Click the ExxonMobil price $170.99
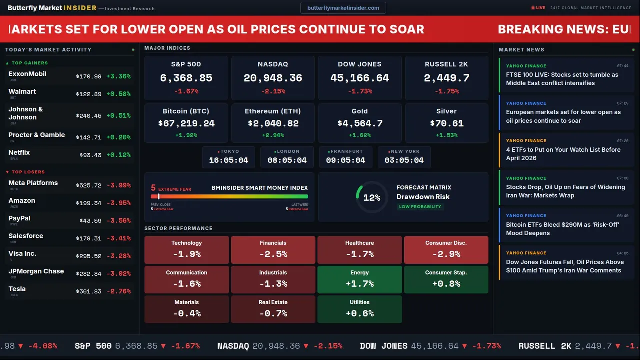tap(89, 77)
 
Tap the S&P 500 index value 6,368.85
tap(186, 78)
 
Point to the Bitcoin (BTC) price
tap(186, 123)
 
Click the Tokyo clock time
tap(228, 160)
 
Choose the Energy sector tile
tap(359, 279)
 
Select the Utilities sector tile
tap(359, 309)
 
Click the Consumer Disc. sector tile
tap(446, 250)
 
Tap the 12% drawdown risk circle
tap(372, 198)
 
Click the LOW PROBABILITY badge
tap(420, 207)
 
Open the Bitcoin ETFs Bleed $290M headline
tap(562, 229)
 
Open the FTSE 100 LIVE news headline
tap(562, 79)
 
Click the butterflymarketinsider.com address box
tap(343, 8)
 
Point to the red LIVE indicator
tap(538, 8)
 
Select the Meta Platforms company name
tap(33, 183)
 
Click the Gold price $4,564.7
tap(360, 123)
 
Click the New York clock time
tap(404, 160)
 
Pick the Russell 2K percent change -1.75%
tap(446, 91)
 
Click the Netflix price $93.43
tap(90, 155)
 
